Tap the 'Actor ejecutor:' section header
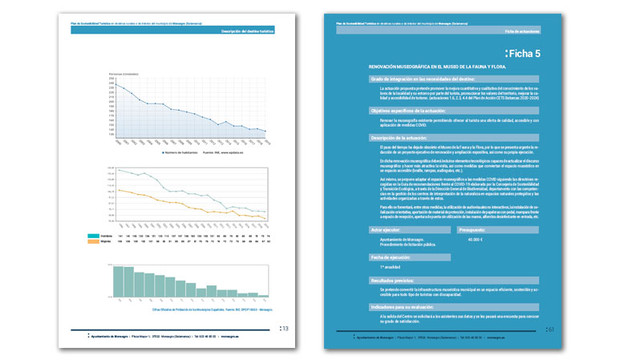coord(387,229)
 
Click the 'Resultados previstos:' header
coord(395,281)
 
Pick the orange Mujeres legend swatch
coord(96,243)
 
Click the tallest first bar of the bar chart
coord(118,280)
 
